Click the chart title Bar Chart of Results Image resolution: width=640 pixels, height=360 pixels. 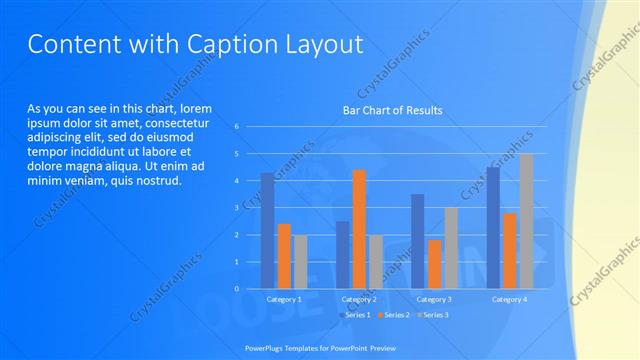[x=392, y=110]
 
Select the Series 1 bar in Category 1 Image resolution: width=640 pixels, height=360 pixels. [x=267, y=231]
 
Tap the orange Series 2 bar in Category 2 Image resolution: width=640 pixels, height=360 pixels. [x=359, y=229]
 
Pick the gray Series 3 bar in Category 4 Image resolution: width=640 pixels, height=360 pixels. [x=525, y=221]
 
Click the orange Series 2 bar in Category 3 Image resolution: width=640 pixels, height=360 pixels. [x=434, y=264]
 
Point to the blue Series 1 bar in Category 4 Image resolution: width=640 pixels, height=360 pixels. [x=493, y=228]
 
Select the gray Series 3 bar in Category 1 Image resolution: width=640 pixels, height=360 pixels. [x=300, y=262]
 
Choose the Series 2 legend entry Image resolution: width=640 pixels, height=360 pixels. [x=393, y=315]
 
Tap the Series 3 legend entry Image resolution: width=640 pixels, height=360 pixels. [x=432, y=315]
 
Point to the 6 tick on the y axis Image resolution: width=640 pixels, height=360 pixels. [x=236, y=127]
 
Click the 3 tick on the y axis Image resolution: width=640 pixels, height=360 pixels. [x=236, y=208]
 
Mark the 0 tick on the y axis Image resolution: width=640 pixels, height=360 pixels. [x=236, y=289]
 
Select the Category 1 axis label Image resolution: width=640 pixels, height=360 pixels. [x=284, y=299]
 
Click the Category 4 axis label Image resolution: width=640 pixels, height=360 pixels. [x=509, y=299]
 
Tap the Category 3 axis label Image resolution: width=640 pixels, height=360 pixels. [x=434, y=299]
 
